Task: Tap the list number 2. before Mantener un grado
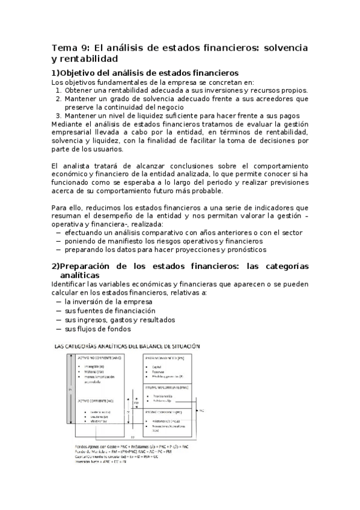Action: pyautogui.click(x=59, y=99)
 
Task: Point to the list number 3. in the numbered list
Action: pyautogui.click(x=59, y=115)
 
